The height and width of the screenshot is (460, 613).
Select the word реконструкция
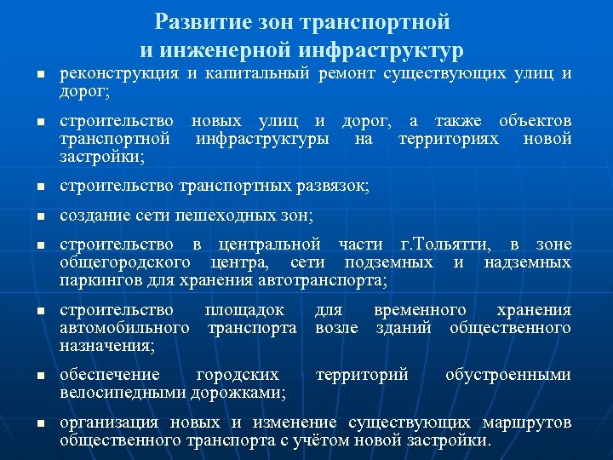click(118, 74)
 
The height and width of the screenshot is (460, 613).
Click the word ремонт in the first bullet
click(347, 74)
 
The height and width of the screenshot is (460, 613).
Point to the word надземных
click(527, 262)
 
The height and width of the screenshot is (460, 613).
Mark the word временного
click(420, 310)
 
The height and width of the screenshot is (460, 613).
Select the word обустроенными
click(508, 375)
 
